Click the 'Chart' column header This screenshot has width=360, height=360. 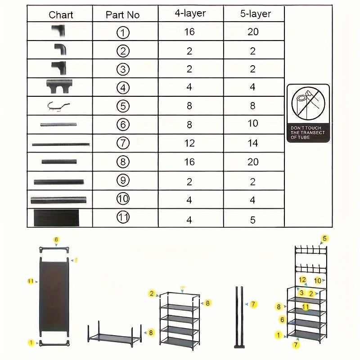click(x=61, y=15)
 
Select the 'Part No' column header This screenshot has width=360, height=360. click(x=122, y=15)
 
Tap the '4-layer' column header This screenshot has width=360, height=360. click(x=189, y=13)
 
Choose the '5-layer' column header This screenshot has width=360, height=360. click(x=253, y=14)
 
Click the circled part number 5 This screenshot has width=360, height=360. click(x=123, y=106)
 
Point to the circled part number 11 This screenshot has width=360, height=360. click(x=123, y=217)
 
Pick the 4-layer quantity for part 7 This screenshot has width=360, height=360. click(x=189, y=143)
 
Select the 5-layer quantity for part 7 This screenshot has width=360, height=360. click(x=253, y=143)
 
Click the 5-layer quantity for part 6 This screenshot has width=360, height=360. click(x=253, y=123)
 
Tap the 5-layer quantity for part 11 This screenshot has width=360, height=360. click(x=253, y=220)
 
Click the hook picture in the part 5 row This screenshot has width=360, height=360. click(x=59, y=106)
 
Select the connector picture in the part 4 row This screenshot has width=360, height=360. click(x=59, y=85)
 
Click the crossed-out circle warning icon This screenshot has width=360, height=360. click(x=308, y=103)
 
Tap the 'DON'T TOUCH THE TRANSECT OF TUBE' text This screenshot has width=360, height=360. click(x=308, y=133)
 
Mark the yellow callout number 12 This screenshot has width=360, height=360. click(x=303, y=280)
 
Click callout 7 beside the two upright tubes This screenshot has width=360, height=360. click(x=254, y=305)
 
